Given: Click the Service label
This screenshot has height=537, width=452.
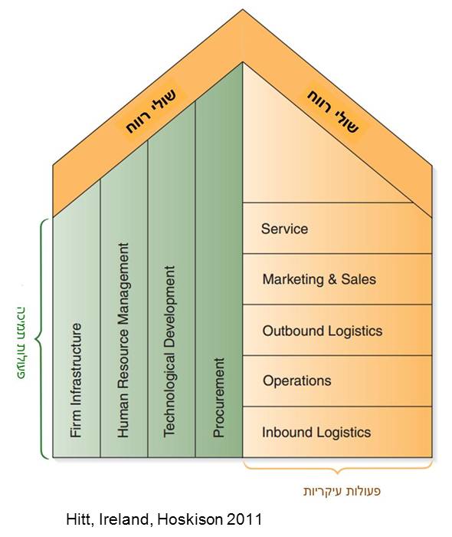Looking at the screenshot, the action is (x=284, y=229).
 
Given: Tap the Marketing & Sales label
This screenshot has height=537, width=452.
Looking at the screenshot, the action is (x=319, y=279).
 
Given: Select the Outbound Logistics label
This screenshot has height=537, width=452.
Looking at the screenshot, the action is (x=322, y=331).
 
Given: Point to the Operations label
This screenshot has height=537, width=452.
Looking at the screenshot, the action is (x=296, y=381).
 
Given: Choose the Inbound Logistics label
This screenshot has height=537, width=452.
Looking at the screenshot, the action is (x=316, y=432).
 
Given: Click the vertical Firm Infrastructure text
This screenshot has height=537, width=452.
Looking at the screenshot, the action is (x=76, y=381).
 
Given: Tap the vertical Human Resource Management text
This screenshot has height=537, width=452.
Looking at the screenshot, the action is (x=123, y=340).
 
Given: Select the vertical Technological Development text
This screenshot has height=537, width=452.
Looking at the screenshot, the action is (x=169, y=351).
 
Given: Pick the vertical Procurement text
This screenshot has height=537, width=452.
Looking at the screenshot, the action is (x=219, y=397).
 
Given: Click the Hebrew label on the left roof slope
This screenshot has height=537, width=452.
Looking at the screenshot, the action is (x=151, y=111).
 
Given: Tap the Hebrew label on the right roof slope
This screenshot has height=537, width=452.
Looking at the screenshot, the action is (x=333, y=111).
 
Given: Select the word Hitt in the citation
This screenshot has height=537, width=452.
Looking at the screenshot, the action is (x=80, y=519).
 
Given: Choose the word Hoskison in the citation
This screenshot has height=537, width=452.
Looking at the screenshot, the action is (x=190, y=519).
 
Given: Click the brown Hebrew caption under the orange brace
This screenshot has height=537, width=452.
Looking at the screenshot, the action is (x=342, y=491).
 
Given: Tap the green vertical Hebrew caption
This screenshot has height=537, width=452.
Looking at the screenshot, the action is (x=21, y=343).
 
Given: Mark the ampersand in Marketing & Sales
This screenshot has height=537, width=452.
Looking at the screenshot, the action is (x=332, y=279).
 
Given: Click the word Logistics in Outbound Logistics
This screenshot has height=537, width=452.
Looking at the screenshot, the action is (x=355, y=331).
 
